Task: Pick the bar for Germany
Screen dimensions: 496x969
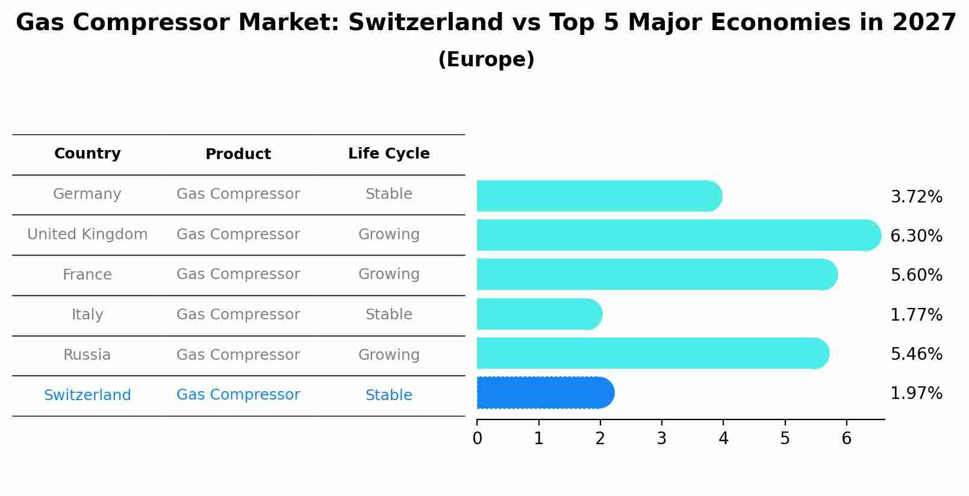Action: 599,196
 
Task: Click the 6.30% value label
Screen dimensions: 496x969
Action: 916,236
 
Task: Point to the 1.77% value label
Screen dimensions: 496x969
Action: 916,315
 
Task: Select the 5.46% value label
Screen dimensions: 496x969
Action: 916,354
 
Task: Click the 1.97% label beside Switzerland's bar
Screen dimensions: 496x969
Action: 916,394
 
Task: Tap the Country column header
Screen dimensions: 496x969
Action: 87,154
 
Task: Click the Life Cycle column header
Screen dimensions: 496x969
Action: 388,154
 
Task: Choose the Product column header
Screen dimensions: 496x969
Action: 238,154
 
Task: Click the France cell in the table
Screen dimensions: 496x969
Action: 87,275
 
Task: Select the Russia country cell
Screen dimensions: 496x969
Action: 87,355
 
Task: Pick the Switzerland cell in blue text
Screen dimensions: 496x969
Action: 87,395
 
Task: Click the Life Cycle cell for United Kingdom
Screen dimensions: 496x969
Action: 388,234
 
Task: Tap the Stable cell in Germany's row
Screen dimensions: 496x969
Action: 388,194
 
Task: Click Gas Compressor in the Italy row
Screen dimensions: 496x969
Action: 238,315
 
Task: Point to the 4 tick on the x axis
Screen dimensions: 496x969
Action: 723,439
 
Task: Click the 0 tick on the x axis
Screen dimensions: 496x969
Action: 477,439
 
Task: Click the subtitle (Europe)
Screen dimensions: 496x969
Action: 486,60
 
